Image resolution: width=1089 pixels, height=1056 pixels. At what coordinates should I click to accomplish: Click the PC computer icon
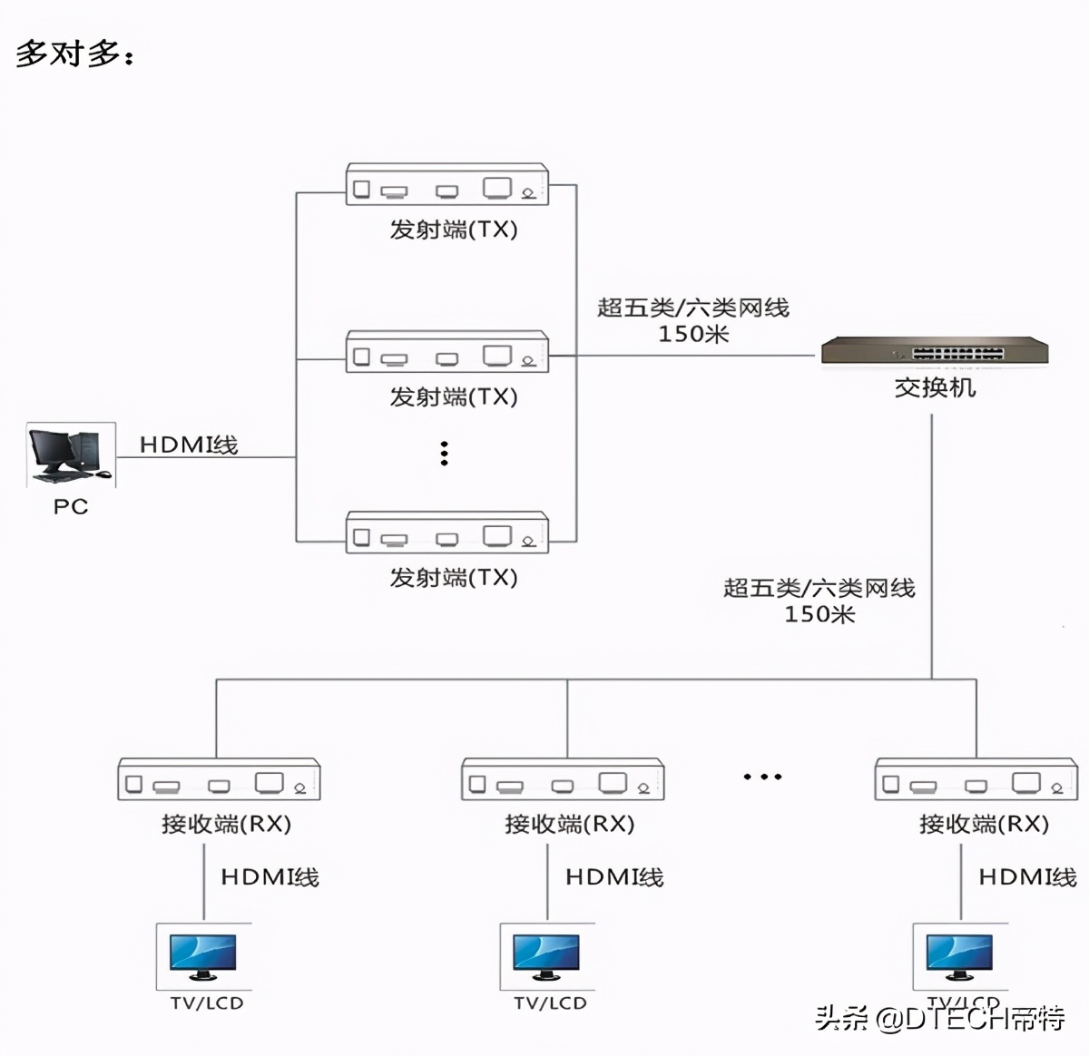pyautogui.click(x=71, y=455)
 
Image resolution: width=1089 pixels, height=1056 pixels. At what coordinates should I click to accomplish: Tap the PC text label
pyautogui.click(x=71, y=506)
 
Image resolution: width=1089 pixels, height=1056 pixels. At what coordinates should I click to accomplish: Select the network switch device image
pyautogui.click(x=935, y=351)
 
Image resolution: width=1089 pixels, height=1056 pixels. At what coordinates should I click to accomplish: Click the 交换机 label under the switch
pyautogui.click(x=935, y=388)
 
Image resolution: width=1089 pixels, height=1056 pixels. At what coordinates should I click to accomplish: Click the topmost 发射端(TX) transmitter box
pyautogui.click(x=447, y=184)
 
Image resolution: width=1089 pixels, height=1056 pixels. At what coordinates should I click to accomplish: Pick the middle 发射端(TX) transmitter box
pyautogui.click(x=447, y=352)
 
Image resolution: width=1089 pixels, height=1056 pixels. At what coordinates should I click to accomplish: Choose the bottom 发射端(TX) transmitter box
pyautogui.click(x=447, y=533)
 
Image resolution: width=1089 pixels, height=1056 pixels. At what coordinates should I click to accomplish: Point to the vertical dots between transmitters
pyautogui.click(x=444, y=454)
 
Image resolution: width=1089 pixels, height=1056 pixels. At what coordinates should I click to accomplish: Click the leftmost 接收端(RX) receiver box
pyautogui.click(x=219, y=779)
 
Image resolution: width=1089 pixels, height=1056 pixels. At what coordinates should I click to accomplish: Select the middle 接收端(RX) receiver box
pyautogui.click(x=563, y=779)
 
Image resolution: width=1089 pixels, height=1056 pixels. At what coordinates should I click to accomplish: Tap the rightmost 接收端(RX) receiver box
pyautogui.click(x=976, y=779)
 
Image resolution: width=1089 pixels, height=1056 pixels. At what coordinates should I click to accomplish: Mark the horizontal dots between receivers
pyautogui.click(x=762, y=777)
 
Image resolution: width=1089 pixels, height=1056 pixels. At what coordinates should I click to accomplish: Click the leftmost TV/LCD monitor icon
pyautogui.click(x=203, y=957)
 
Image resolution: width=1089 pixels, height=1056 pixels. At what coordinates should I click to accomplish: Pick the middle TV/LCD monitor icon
pyautogui.click(x=547, y=957)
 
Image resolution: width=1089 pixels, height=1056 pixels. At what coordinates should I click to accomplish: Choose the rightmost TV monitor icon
pyautogui.click(x=959, y=957)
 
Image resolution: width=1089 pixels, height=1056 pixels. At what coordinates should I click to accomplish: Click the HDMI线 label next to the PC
pyautogui.click(x=189, y=445)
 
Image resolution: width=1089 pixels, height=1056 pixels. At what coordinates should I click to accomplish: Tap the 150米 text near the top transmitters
pyautogui.click(x=693, y=335)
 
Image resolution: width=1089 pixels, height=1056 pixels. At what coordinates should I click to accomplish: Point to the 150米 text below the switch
pyautogui.click(x=819, y=615)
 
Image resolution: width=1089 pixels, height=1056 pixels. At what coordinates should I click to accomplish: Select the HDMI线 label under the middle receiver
pyautogui.click(x=614, y=877)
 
